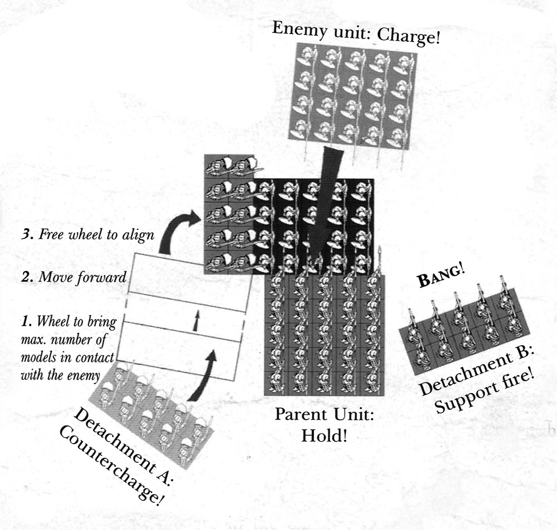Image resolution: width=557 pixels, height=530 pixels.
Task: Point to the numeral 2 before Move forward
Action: coord(24,277)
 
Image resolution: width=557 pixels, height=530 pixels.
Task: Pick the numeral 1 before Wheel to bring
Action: coord(23,322)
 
